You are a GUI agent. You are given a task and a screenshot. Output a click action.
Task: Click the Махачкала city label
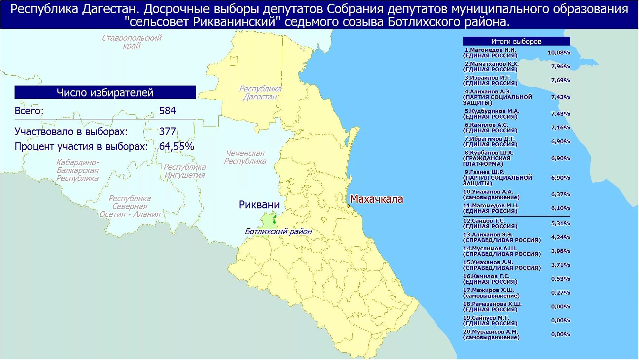coord(376,199)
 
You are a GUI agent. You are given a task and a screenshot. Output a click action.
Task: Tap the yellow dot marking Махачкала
coord(348,206)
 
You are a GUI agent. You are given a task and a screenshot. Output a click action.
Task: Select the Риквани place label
coord(259,205)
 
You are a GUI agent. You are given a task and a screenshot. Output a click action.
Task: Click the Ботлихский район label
coord(278,232)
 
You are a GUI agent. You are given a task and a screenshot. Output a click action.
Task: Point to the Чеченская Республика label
coord(245,157)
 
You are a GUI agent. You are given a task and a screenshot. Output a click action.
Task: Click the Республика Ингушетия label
coord(185,171)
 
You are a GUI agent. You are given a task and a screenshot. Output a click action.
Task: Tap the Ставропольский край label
coord(131,42)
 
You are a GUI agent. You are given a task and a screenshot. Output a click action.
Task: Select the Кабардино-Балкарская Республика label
coord(78,170)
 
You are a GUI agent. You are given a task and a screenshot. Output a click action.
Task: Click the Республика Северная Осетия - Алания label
coord(130,206)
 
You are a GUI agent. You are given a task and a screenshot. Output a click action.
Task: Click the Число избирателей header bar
coord(105,92)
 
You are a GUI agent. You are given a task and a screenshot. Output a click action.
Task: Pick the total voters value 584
coord(167,111)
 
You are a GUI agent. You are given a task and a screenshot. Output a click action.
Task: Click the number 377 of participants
coord(167,132)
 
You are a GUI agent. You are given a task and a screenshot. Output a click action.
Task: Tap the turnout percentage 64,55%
coord(176,146)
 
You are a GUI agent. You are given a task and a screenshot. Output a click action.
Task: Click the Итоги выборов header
coord(516,41)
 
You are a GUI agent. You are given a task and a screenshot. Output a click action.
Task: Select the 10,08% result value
coord(559,53)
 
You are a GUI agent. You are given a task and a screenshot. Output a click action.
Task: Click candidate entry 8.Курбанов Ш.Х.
coord(489,158)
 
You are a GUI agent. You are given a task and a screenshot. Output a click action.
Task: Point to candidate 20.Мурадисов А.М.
coord(491,335)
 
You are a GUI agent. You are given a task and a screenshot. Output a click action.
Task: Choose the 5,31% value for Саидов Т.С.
coord(560,224)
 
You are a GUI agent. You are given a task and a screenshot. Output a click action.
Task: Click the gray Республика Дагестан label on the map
coord(260,93)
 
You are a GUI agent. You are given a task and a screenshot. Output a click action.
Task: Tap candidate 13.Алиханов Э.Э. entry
coord(502,237)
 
